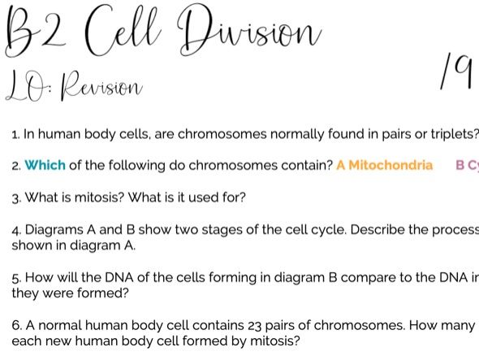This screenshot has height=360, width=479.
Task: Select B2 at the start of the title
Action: tap(35, 33)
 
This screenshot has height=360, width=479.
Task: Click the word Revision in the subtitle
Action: tap(101, 87)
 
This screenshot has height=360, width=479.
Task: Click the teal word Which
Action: tap(45, 166)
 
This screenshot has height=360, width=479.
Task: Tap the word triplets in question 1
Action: tap(455, 134)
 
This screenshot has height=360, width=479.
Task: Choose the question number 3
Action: tap(16, 198)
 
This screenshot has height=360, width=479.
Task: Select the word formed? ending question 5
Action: tap(103, 293)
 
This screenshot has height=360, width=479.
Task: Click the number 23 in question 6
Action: tap(255, 326)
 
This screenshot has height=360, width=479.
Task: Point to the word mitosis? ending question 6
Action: tap(275, 340)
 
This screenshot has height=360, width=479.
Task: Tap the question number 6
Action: tap(16, 325)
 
